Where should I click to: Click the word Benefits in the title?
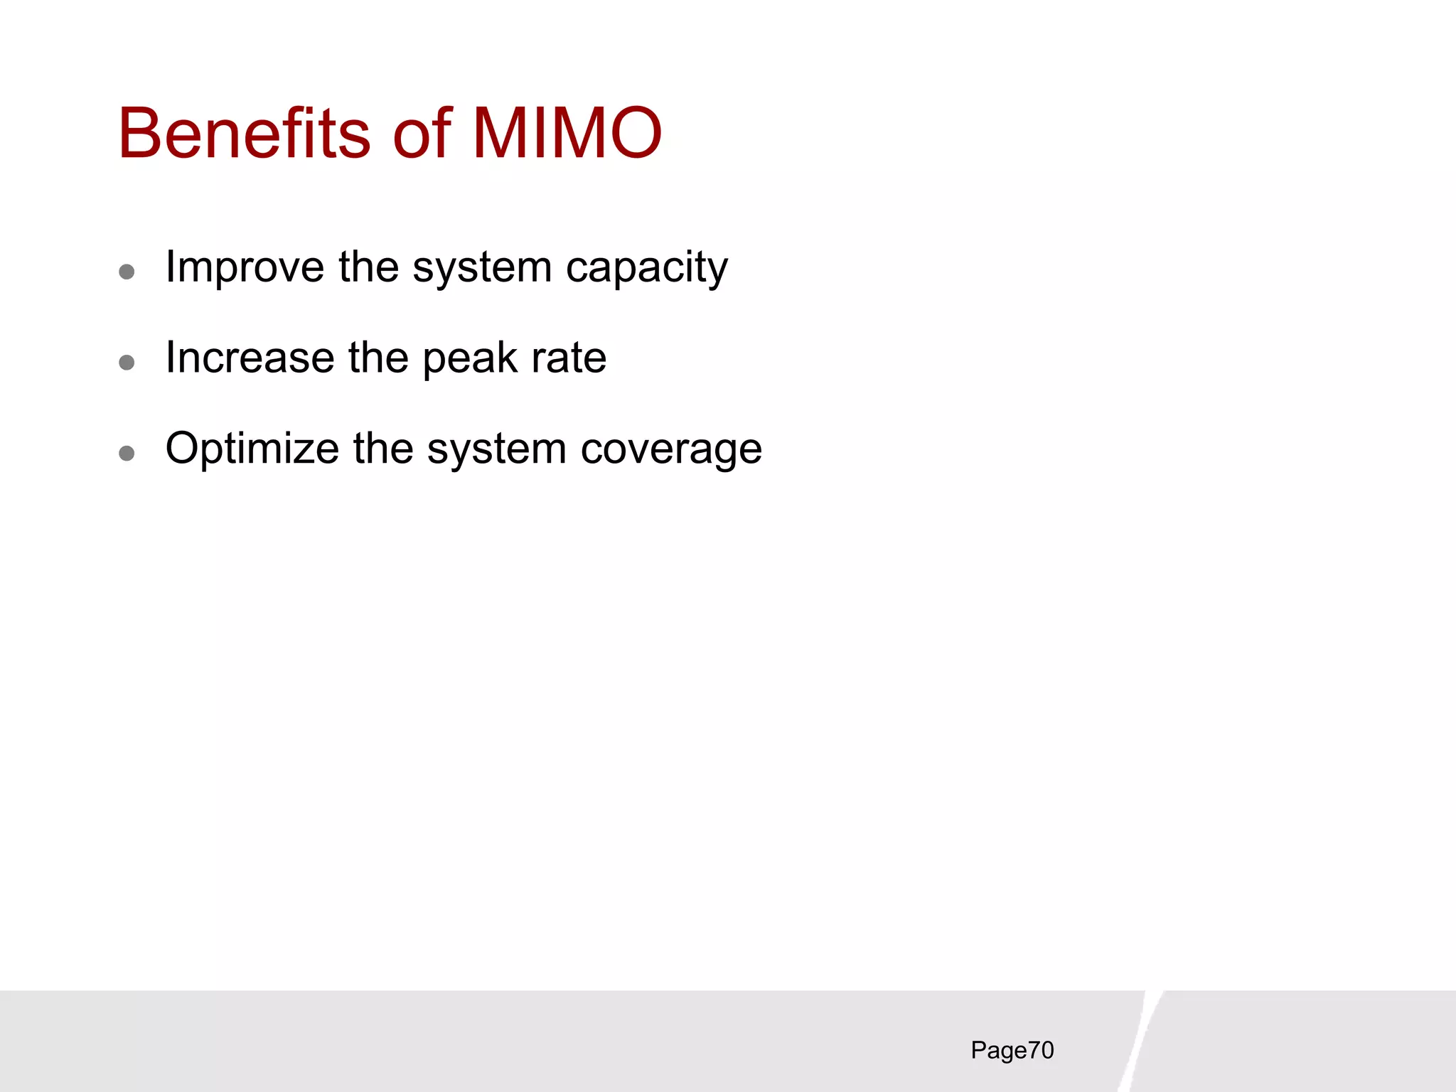click(x=244, y=134)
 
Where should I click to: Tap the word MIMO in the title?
click(x=567, y=134)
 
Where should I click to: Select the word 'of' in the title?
click(x=422, y=134)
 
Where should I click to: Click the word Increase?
click(x=249, y=358)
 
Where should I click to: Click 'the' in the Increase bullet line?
click(x=378, y=358)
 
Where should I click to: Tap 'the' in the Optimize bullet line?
click(x=383, y=449)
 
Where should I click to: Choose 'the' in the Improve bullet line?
click(x=368, y=267)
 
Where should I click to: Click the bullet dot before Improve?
click(x=127, y=272)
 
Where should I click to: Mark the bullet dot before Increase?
click(x=127, y=363)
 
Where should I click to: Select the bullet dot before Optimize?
click(x=127, y=454)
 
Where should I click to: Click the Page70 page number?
click(x=1012, y=1051)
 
